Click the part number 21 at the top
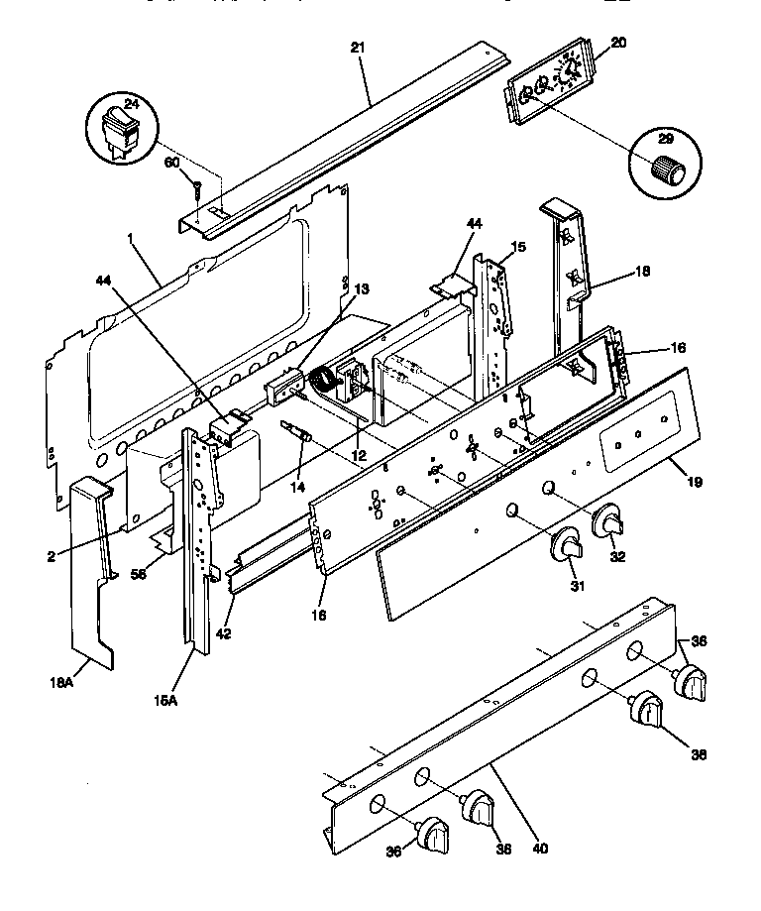pos(358,47)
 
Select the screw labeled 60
pos(196,188)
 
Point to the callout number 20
pos(618,43)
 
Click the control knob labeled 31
pos(568,547)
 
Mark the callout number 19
pos(694,482)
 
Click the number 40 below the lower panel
pos(540,849)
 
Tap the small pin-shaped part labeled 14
pos(297,433)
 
